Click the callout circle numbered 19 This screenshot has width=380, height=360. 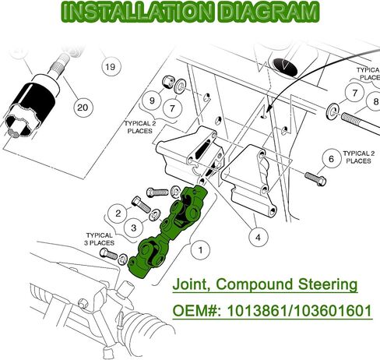(x=111, y=67)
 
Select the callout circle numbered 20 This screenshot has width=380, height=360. (x=83, y=107)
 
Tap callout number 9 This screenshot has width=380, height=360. (x=152, y=101)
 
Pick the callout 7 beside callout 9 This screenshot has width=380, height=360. (x=173, y=108)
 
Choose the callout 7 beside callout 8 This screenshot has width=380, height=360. (x=355, y=93)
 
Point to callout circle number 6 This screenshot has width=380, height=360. (x=331, y=158)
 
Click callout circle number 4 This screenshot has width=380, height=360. (x=258, y=237)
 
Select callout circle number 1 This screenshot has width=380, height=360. (x=200, y=250)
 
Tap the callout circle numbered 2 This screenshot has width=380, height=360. (x=118, y=214)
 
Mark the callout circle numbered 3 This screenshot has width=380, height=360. (x=134, y=228)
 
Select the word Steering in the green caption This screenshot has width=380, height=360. (x=328, y=284)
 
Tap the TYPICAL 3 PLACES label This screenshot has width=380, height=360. (x=100, y=239)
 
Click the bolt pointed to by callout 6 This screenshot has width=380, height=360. (x=315, y=178)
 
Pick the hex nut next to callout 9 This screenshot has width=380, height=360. (x=167, y=82)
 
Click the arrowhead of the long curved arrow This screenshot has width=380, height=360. (x=268, y=109)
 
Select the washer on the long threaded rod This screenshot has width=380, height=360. (x=332, y=111)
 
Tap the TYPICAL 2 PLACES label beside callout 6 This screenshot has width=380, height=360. (x=359, y=157)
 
